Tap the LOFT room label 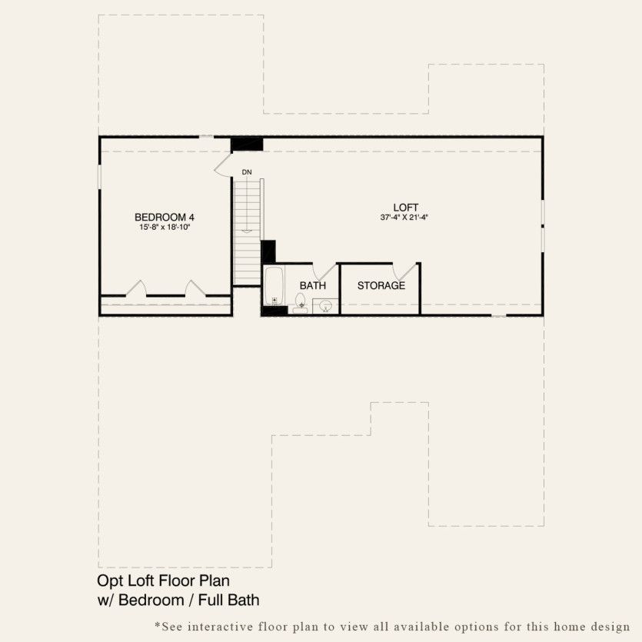(405, 207)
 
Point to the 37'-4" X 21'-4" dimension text (404, 218)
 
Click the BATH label (313, 285)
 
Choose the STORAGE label (381, 285)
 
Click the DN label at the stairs (247, 171)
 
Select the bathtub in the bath (274, 287)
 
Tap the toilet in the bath (301, 304)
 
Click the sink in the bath (325, 306)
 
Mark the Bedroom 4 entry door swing (223, 165)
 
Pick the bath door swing (326, 271)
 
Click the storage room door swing (405, 271)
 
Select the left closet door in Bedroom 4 (136, 288)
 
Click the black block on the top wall (247, 145)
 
